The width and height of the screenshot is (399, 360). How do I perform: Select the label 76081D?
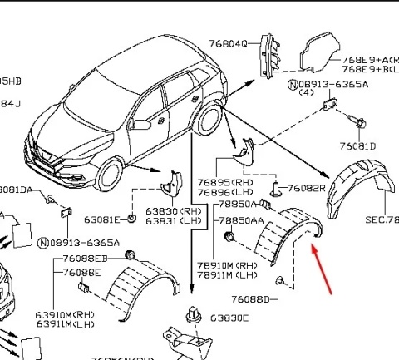(358, 146)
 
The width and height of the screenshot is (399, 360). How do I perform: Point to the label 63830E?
(229, 318)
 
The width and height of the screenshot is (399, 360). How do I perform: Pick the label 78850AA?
(241, 221)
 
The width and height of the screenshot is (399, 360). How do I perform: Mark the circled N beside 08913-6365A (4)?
(293, 85)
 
